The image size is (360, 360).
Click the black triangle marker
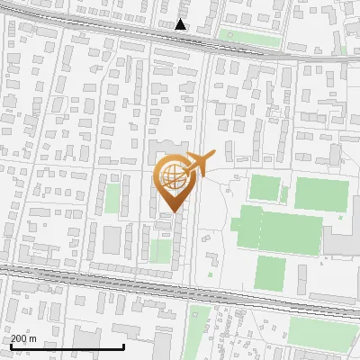pyautogui.click(x=181, y=24)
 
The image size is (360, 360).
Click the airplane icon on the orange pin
pyautogui.click(x=197, y=165)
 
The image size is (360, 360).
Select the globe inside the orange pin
pyautogui.click(x=173, y=177)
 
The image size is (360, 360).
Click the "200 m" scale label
pyautogui.click(x=23, y=338)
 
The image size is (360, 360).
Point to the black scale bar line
pyautogui.click(x=67, y=346)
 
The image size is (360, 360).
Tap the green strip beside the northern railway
pyautogui.click(x=248, y=38)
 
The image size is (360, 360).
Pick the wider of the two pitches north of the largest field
pyautogui.click(x=321, y=193)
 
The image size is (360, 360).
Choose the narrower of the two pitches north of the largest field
pyautogui.click(x=265, y=189)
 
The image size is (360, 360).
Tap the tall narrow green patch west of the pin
pyautogui.click(x=112, y=198)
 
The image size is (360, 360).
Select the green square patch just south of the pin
pyautogui.click(x=160, y=251)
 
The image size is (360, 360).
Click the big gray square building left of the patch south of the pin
pyautogui.click(x=112, y=240)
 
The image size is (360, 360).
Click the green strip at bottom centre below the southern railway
pyautogui.click(x=200, y=328)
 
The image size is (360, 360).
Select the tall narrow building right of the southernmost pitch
pyautogui.click(x=302, y=274)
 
